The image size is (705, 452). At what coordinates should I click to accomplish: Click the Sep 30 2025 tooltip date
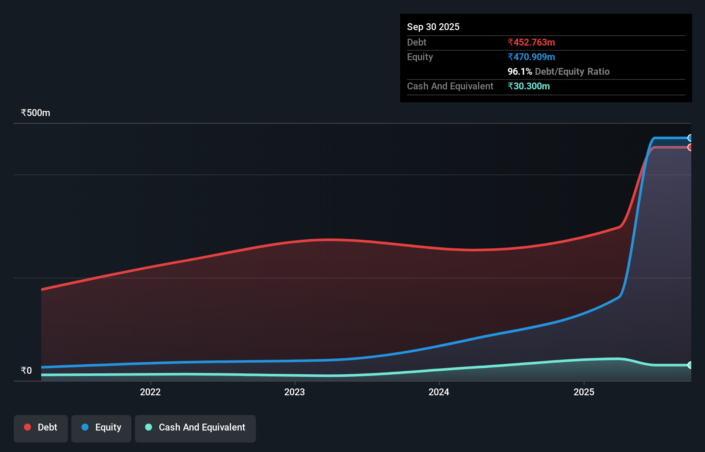click(x=433, y=27)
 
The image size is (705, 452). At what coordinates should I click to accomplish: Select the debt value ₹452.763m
click(x=531, y=42)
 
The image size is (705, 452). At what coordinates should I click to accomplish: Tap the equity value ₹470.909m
click(x=531, y=57)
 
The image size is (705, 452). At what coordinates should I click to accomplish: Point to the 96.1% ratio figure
click(x=520, y=71)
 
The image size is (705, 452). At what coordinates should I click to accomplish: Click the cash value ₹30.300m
click(x=529, y=86)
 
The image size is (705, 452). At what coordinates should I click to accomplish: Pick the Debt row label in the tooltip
click(x=416, y=42)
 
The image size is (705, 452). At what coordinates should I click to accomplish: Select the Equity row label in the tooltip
click(x=419, y=57)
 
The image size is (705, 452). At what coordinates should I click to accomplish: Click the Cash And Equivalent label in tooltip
click(x=450, y=86)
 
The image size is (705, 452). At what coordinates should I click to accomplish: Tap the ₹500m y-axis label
click(x=36, y=113)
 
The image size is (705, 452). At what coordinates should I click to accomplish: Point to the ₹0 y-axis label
click(x=27, y=370)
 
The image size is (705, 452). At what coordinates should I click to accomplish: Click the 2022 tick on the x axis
click(x=150, y=392)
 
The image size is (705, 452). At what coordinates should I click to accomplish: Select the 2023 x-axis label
click(x=295, y=392)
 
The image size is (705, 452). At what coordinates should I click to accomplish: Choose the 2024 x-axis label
click(x=439, y=392)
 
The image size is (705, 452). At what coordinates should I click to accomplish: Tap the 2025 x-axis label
click(x=584, y=392)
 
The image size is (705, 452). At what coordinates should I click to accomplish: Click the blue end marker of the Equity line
click(x=690, y=138)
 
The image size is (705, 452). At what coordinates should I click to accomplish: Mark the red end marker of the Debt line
click(x=690, y=147)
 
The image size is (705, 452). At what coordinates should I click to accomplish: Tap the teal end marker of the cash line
click(x=690, y=365)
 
